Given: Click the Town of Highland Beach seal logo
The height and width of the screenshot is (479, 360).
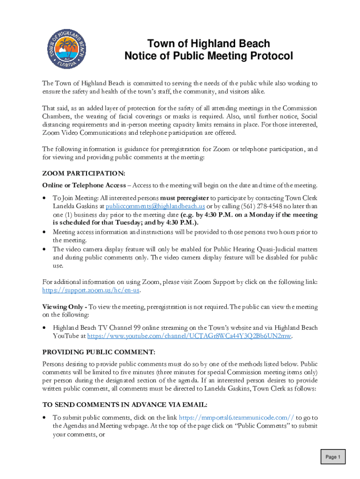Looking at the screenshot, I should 68,50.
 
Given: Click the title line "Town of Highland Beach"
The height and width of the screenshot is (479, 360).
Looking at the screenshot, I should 209,44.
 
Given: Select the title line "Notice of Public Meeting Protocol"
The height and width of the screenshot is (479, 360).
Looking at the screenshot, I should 209,56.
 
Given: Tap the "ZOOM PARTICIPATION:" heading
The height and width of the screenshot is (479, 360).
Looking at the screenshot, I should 84,174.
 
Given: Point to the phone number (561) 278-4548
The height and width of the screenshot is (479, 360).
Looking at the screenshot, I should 240,206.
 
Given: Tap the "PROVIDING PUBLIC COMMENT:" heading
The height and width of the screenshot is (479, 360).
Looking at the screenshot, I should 99,352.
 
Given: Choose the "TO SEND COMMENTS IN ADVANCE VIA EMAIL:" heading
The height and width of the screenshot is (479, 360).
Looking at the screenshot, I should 125,405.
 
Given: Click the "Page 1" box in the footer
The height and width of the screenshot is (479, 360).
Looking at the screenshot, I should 333,457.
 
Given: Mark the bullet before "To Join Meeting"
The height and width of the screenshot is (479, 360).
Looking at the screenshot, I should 44,198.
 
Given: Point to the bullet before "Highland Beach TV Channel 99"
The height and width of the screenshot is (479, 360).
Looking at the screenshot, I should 44,328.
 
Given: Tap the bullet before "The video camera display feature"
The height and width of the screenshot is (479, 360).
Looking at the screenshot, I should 44,249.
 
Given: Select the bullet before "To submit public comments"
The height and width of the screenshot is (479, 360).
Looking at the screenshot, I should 44,417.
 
